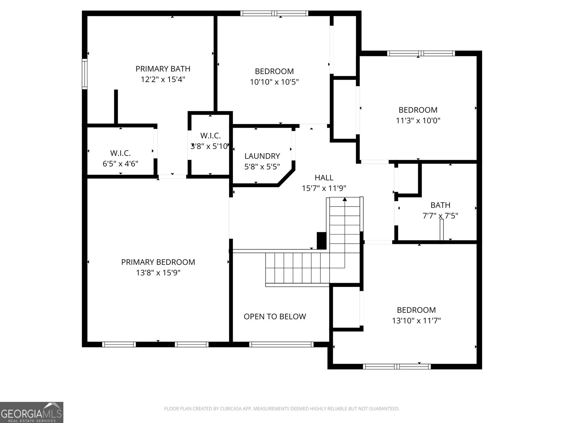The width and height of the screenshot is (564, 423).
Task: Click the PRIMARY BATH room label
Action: tap(163, 69)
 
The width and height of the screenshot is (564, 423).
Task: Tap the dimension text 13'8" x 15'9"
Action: tap(158, 272)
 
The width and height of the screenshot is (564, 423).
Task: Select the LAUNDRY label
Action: tap(262, 156)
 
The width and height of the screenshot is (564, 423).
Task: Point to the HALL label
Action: tap(324, 178)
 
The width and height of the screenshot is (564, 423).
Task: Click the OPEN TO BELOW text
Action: tap(275, 317)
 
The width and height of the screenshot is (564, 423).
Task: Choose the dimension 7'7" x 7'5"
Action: tap(440, 216)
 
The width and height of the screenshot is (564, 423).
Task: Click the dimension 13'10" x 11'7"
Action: tap(416, 321)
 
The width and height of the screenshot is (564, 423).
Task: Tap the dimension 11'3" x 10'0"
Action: tap(418, 121)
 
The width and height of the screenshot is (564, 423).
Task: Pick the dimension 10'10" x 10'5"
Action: tap(274, 82)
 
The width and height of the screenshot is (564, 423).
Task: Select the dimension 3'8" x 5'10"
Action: tap(210, 146)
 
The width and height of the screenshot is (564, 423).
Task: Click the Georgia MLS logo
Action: tap(32, 412)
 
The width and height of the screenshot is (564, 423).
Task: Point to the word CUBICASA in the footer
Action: tap(230, 409)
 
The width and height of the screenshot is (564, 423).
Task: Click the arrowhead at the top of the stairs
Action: tap(345, 199)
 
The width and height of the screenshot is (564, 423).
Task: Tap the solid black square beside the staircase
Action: tap(321, 241)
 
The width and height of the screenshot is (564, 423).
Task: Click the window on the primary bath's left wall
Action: tap(85, 74)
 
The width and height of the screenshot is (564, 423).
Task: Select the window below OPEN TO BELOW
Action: tap(281, 344)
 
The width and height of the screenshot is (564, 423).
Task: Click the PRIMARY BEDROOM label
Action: tap(158, 262)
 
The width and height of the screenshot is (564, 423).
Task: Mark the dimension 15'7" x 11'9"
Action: tap(324, 188)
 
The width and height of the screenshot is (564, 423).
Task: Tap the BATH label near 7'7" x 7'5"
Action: tap(440, 205)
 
